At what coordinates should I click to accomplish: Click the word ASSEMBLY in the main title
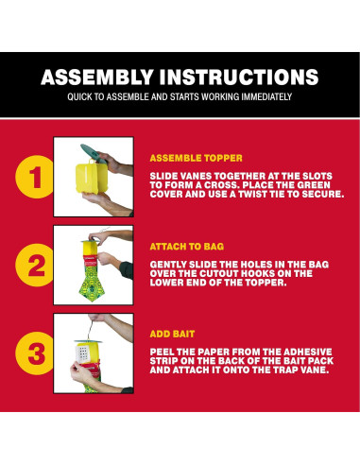tap(97, 77)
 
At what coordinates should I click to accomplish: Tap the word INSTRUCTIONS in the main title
tap(239, 77)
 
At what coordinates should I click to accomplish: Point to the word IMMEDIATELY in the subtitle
tap(266, 96)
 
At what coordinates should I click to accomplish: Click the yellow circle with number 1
tap(35, 177)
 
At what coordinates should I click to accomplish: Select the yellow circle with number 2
tap(35, 265)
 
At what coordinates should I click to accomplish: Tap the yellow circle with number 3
tap(35, 353)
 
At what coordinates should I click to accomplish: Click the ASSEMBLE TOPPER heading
tap(197, 158)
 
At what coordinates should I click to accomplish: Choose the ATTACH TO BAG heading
tap(187, 247)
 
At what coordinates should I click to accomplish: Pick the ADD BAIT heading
tap(172, 334)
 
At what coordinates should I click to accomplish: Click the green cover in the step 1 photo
tap(93, 153)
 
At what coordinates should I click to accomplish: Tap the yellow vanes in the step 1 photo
tap(92, 178)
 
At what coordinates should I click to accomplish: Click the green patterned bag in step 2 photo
tap(92, 282)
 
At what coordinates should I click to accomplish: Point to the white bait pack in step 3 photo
tap(82, 354)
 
